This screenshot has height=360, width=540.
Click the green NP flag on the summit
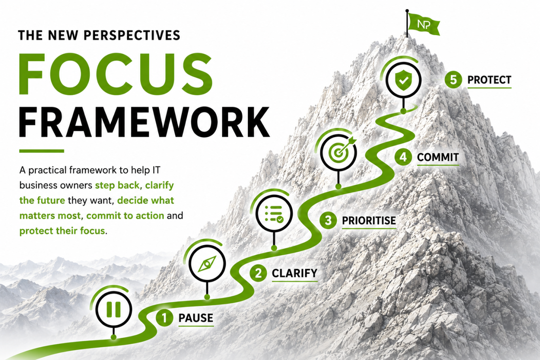424,25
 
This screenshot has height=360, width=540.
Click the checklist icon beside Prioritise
274,214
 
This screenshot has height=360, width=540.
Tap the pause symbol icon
113,309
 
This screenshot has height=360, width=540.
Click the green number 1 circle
164,318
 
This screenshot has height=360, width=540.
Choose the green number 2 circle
258,273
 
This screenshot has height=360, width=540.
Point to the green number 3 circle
328,221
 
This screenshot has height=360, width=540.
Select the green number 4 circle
403,157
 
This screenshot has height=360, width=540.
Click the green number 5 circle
453,79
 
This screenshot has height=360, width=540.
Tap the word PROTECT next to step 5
489,80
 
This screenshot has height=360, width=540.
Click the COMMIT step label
438,157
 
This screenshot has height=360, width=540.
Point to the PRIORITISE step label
369,221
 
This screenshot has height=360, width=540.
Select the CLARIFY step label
295,273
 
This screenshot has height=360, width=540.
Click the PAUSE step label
196,318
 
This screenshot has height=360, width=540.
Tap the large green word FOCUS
116,74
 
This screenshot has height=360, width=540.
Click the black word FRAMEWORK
144,122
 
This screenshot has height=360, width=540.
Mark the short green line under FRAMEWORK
42,151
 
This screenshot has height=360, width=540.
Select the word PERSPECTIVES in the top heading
132,35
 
